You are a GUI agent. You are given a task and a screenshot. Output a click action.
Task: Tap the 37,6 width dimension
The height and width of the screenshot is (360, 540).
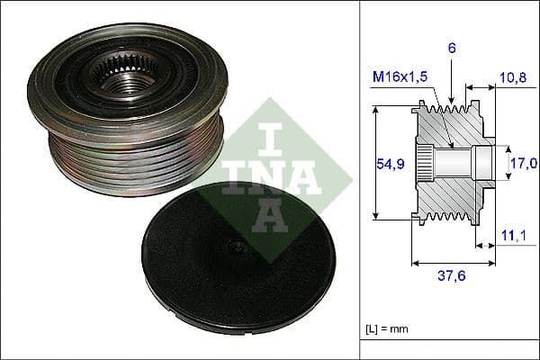pyautogui.click(x=453, y=277)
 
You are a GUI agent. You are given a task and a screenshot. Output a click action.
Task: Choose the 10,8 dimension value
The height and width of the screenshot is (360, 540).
pyautogui.click(x=511, y=77)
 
